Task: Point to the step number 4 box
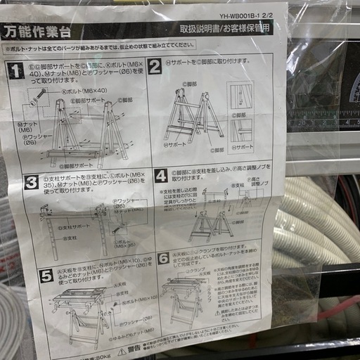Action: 162,175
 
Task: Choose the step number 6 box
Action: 163,259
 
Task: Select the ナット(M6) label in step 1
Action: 26,127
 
